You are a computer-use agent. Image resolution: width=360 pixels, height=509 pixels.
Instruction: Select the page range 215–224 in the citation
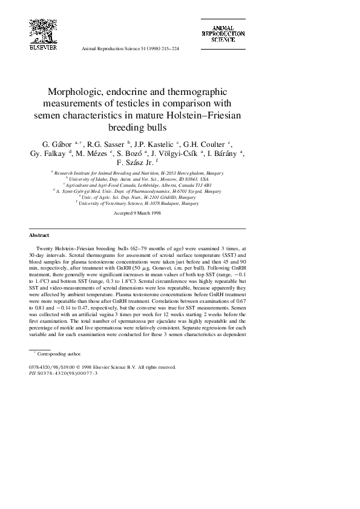[168, 48]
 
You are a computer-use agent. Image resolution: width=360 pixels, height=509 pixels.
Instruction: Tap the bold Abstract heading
[39, 235]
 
